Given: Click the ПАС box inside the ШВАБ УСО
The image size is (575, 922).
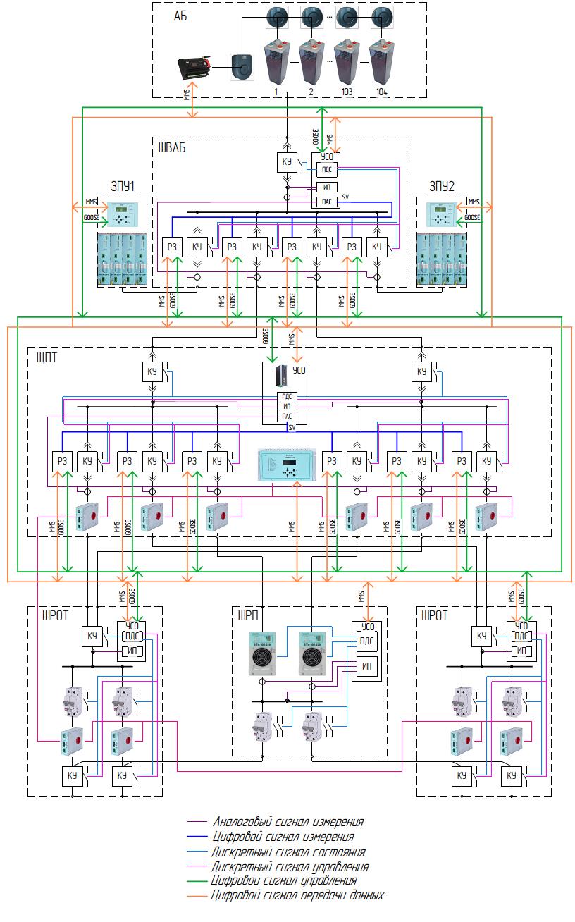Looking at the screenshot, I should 326,202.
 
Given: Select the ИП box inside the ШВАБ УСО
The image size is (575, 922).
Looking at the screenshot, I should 326,187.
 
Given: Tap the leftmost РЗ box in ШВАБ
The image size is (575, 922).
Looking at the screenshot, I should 172,247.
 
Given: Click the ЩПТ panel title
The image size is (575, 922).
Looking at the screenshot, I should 47,357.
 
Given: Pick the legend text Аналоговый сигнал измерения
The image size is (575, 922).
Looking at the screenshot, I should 288,822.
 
